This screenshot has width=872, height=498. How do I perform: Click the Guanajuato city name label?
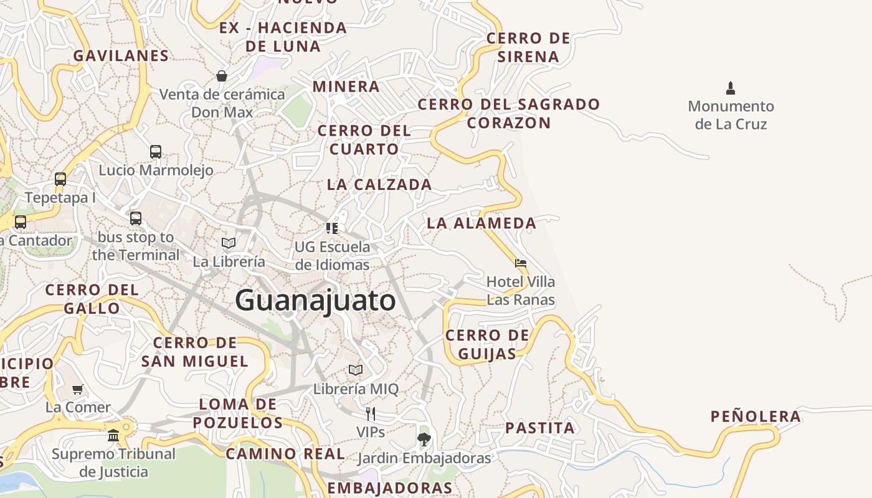point(315,301)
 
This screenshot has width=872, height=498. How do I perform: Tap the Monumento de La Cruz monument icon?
point(731,88)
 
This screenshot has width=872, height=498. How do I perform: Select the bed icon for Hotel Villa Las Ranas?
point(521,263)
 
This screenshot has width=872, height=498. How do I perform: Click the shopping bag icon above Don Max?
point(221,76)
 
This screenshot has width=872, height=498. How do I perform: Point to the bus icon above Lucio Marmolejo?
point(156,151)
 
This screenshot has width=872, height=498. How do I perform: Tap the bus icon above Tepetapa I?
point(60,179)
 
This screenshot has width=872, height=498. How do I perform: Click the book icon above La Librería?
point(229,243)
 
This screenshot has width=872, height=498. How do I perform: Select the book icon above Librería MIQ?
point(356,370)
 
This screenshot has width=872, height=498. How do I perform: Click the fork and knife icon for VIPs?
point(371,413)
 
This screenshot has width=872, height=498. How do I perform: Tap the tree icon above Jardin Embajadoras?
point(424,439)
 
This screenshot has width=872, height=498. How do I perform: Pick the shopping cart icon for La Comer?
point(78,389)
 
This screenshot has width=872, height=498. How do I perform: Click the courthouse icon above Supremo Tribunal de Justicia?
point(113,435)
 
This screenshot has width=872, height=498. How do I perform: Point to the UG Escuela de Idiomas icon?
point(332,228)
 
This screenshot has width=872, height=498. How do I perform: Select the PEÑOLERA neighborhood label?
point(756,416)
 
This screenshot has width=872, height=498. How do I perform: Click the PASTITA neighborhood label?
point(539,428)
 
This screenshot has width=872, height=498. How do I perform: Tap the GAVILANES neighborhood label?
point(121,56)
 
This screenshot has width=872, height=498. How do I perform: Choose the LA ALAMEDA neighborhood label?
point(481,223)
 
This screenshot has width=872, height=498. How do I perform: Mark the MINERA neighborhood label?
point(346,87)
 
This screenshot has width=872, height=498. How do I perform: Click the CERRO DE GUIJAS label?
point(487,344)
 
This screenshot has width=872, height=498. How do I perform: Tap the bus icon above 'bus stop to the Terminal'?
point(136,218)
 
